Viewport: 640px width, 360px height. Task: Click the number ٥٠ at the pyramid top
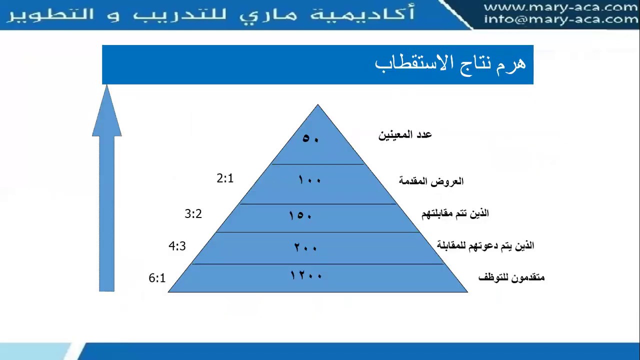pos(310,138)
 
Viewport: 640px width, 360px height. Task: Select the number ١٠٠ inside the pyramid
pos(309,179)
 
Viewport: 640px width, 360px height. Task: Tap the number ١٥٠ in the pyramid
pos(300,215)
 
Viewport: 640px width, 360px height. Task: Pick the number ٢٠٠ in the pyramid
pos(305,247)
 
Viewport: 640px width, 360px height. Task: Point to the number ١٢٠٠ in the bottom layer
pos(306,275)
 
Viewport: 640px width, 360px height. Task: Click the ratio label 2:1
pos(225,178)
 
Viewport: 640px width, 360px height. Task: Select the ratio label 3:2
pos(193,214)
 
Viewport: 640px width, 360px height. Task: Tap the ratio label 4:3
pos(177,246)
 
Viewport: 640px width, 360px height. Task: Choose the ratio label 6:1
pos(157,278)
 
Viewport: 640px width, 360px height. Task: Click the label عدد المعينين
pos(405,135)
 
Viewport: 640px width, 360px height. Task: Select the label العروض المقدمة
pos(431,181)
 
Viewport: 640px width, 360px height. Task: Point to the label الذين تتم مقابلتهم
pos(455,213)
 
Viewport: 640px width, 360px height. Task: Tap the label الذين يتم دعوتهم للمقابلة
pos(485,245)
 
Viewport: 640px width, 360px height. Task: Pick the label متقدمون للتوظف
pos(511,277)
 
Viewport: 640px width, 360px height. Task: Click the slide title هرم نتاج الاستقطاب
pos(450,64)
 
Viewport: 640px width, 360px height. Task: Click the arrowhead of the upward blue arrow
pos(107,112)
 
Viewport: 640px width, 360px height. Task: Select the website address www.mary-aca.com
pos(561,7)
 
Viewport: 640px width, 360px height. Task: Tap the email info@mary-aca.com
pos(561,19)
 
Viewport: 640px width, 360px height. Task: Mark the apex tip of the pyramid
pos(317,105)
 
